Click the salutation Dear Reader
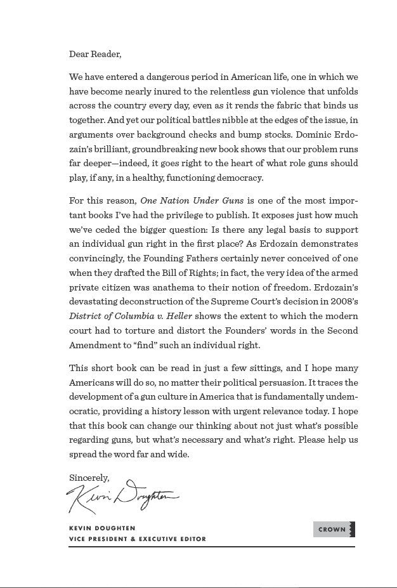(94, 55)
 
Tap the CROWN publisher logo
(334, 529)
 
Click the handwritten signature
(122, 497)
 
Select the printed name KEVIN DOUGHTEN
(102, 528)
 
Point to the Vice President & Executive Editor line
(137, 539)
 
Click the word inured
(186, 91)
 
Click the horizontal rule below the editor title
(212, 547)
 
